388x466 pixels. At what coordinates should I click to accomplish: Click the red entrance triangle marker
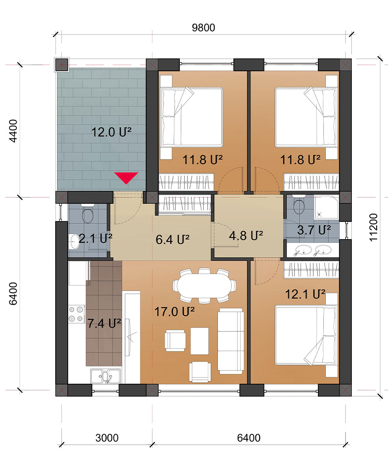[x=126, y=177]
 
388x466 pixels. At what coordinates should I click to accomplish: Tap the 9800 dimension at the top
[x=203, y=28]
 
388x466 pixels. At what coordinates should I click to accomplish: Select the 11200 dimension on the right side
[x=373, y=227]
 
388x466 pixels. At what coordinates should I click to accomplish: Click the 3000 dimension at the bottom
[x=107, y=438]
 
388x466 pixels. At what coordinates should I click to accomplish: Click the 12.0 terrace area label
[x=111, y=132]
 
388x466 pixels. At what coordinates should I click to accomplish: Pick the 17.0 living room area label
[x=175, y=312]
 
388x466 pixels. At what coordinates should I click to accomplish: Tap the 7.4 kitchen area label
[x=104, y=323]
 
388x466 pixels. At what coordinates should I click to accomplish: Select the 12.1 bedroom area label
[x=305, y=294]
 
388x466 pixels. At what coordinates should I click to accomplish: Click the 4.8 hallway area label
[x=246, y=236]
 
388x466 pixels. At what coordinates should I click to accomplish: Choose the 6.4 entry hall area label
[x=173, y=239]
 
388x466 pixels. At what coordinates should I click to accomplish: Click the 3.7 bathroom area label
[x=314, y=230]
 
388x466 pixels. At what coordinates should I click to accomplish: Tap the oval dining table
[x=204, y=285]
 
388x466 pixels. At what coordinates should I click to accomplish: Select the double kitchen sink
[x=106, y=376]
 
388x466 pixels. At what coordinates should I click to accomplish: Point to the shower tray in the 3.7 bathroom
[x=327, y=207]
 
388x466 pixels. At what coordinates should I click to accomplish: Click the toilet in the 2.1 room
[x=87, y=213]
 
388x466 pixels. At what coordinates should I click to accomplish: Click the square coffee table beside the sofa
[x=199, y=341]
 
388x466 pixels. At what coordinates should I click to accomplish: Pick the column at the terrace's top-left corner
[x=61, y=64]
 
